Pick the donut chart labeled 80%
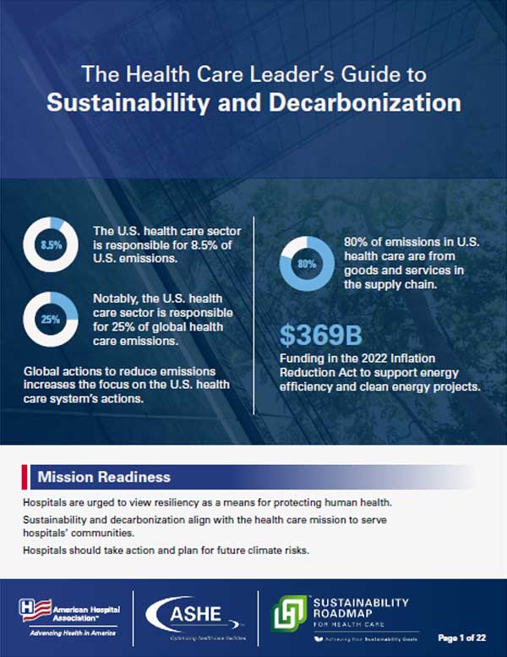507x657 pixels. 305,263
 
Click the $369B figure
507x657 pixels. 314,335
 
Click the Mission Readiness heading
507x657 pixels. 104,477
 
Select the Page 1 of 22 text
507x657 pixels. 466,636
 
